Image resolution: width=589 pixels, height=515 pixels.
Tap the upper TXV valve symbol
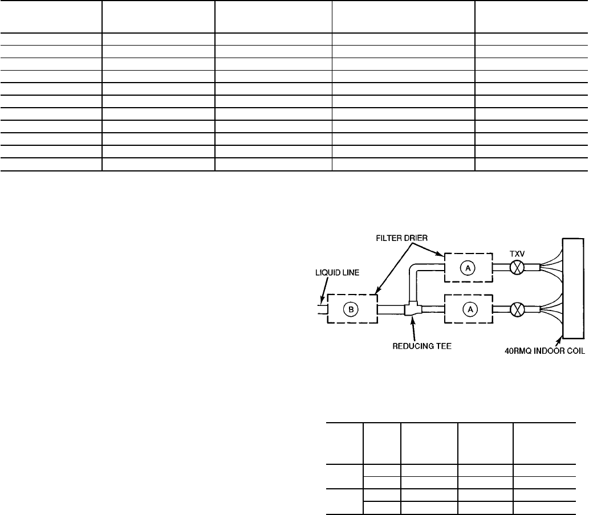(516, 268)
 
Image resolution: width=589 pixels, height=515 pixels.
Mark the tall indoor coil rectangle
(572, 289)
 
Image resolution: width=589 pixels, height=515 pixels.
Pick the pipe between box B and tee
(391, 310)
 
